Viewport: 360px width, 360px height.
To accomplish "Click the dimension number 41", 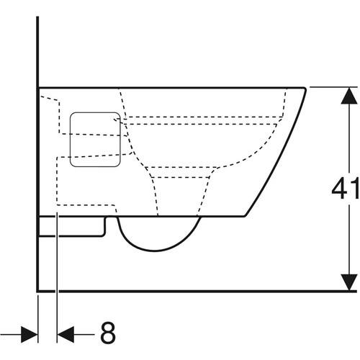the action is click(x=346, y=189).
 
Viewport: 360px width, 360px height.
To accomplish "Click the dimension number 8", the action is click(x=108, y=333).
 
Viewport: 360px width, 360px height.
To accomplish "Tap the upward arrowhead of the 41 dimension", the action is click(x=349, y=96).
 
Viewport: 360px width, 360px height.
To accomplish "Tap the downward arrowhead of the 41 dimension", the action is click(x=349, y=282).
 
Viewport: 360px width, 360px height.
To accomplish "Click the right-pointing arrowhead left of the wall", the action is click(x=30, y=334).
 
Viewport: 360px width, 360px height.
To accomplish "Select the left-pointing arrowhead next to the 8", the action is click(x=66, y=334).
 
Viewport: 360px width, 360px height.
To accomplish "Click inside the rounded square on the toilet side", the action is click(x=95, y=140).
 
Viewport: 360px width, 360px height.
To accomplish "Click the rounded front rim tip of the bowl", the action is click(x=305, y=89).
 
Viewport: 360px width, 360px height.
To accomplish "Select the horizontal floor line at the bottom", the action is click(x=197, y=292).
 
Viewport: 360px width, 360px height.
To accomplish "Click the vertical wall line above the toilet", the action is click(x=37, y=52).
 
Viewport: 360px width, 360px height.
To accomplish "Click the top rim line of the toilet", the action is click(x=171, y=88).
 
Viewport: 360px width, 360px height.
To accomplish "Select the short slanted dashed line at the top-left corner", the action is click(x=49, y=99).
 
